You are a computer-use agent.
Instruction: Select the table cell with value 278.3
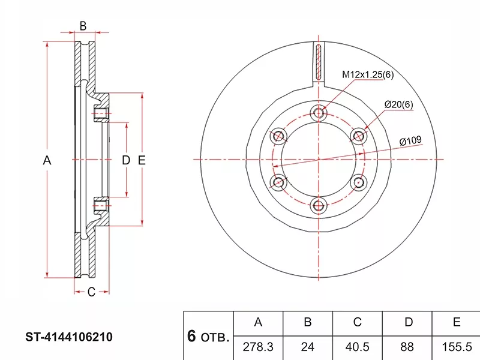(258, 347)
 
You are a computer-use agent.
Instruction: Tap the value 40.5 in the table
(358, 347)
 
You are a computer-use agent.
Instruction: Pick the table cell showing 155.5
(457, 347)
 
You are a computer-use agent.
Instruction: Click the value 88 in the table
(408, 347)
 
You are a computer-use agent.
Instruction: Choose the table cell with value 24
(307, 347)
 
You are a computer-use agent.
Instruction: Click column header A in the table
(258, 323)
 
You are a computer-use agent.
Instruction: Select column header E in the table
(457, 323)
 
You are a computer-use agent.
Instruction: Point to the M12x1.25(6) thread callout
(367, 75)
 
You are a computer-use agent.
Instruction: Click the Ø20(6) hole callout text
(399, 105)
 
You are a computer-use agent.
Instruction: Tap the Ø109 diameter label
(411, 141)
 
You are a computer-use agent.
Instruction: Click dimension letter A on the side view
(47, 160)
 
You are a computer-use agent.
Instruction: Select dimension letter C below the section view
(91, 292)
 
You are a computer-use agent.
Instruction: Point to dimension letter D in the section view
(126, 160)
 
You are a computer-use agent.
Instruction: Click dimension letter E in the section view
(142, 160)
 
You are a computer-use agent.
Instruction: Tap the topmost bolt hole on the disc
(319, 112)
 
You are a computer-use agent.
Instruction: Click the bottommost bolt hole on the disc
(319, 206)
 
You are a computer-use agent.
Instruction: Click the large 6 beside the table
(192, 336)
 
